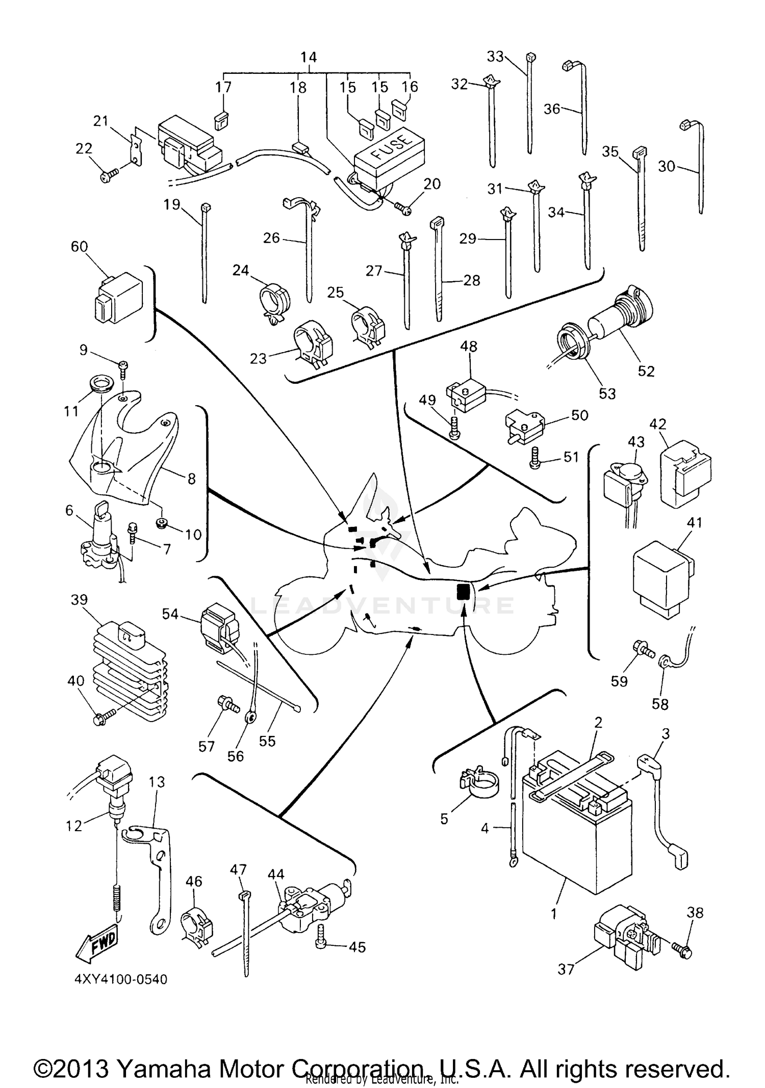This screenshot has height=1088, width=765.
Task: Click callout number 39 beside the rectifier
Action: pyautogui.click(x=79, y=600)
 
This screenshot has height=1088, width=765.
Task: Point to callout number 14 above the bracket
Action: pyautogui.click(x=309, y=57)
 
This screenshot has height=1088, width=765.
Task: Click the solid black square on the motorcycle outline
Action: pyautogui.click(x=463, y=591)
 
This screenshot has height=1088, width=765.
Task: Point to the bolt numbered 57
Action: pyautogui.click(x=227, y=707)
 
